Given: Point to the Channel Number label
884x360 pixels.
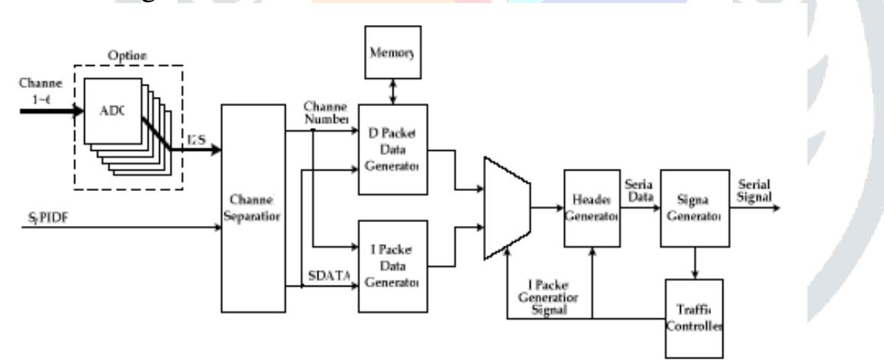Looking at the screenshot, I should point(327,114).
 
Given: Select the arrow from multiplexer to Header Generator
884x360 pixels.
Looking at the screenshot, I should point(548,206).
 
